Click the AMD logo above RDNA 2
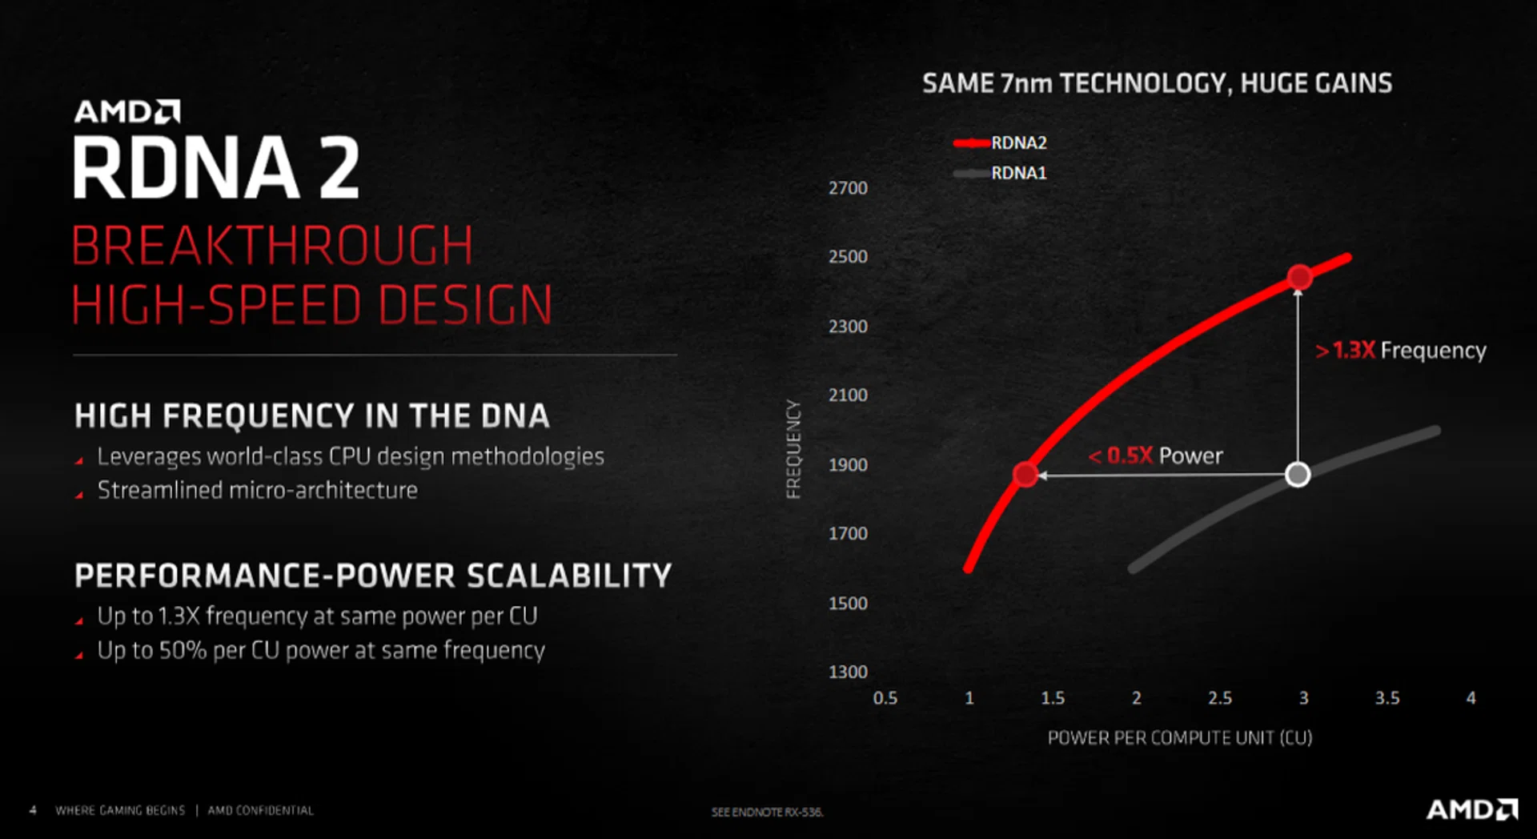click(127, 111)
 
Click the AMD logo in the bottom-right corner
click(1471, 809)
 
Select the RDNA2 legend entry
click(1000, 143)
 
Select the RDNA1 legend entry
click(1000, 173)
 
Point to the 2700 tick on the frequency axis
click(848, 188)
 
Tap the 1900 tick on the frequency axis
click(848, 465)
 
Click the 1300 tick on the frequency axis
click(848, 672)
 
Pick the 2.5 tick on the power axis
click(1220, 698)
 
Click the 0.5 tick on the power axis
click(885, 698)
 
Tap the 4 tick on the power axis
click(1471, 698)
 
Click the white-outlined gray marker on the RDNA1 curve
click(1298, 475)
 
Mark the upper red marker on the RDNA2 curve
click(1300, 277)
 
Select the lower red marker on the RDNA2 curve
click(1025, 475)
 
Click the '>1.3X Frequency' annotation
click(1401, 351)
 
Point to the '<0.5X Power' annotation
click(1155, 456)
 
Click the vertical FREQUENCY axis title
click(793, 449)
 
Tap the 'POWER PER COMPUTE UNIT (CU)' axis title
click(1180, 738)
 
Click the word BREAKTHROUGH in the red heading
click(272, 245)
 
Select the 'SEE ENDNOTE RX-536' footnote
click(767, 812)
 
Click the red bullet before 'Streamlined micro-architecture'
click(79, 495)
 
